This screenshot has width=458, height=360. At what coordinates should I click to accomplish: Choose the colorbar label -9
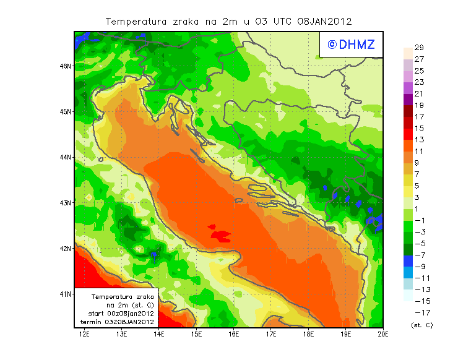point(419,267)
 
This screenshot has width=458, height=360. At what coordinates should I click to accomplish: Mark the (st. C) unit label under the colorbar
point(421,325)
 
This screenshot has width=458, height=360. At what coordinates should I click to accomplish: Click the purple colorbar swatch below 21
point(407,100)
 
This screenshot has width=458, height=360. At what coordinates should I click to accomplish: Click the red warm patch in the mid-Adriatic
point(220,235)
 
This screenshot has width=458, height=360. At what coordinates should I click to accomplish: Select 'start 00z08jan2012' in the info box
point(121,314)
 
